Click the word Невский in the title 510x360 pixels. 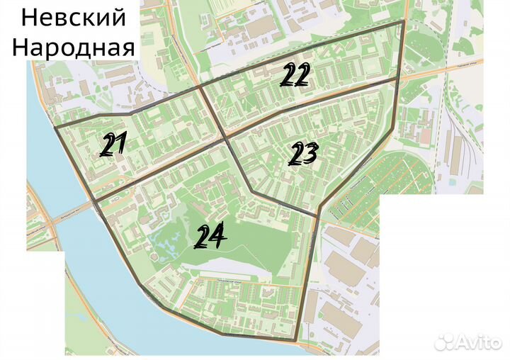[69, 17]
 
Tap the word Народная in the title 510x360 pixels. [74, 47]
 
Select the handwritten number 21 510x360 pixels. [113, 145]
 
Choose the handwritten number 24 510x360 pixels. [210, 236]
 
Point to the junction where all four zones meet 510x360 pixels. [227, 139]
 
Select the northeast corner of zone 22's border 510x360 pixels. [403, 21]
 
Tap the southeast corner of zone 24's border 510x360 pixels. [297, 341]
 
